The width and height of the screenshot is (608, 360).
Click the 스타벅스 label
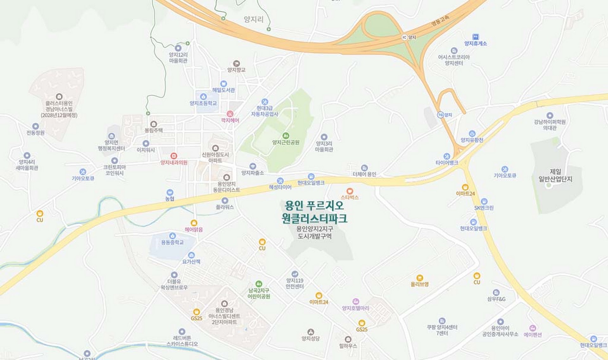350,197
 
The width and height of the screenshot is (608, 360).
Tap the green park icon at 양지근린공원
286,136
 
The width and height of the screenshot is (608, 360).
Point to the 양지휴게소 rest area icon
475,37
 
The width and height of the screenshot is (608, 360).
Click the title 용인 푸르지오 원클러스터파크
314,212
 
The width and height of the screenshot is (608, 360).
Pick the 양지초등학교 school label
203,103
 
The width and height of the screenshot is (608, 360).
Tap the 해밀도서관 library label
224,90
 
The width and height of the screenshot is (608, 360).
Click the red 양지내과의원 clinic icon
174,156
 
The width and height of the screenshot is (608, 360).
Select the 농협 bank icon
170,193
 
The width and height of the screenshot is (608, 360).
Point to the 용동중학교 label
172,242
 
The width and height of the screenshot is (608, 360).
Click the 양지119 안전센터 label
295,283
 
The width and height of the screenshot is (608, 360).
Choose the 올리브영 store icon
420,278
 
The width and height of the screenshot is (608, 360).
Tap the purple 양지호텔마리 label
356,308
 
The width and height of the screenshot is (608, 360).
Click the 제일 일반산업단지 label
555,175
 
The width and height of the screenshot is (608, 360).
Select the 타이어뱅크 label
446,163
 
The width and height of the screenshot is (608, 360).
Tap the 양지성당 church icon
311,332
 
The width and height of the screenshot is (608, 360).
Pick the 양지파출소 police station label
252,173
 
